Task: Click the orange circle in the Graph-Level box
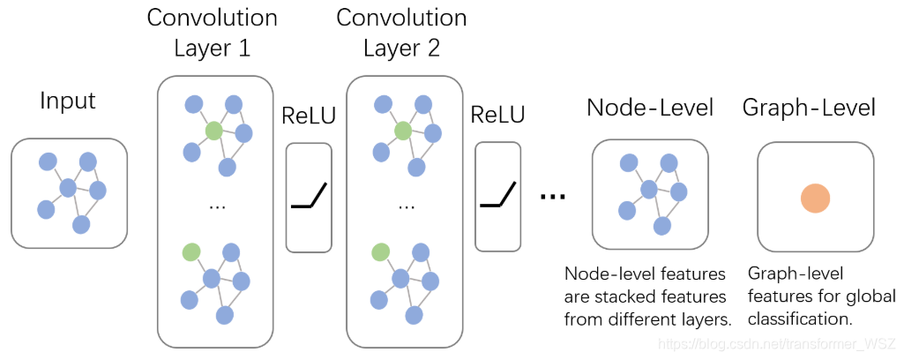coord(815,199)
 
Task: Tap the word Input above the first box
coord(67,101)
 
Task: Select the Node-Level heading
coord(650,108)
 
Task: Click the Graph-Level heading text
coord(809,108)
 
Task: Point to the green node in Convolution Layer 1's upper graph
coord(213,131)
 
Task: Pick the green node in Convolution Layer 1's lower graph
coord(191,251)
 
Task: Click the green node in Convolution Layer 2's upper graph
coord(402,131)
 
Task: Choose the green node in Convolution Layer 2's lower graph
coord(380,251)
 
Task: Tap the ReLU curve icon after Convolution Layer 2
coord(498,195)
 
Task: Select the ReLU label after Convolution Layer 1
coord(309,116)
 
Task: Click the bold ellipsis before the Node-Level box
coord(552,197)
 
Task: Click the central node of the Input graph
coord(68,187)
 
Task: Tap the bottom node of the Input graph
coord(81,224)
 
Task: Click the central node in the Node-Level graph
coord(649,189)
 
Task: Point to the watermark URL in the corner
coord(778,344)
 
